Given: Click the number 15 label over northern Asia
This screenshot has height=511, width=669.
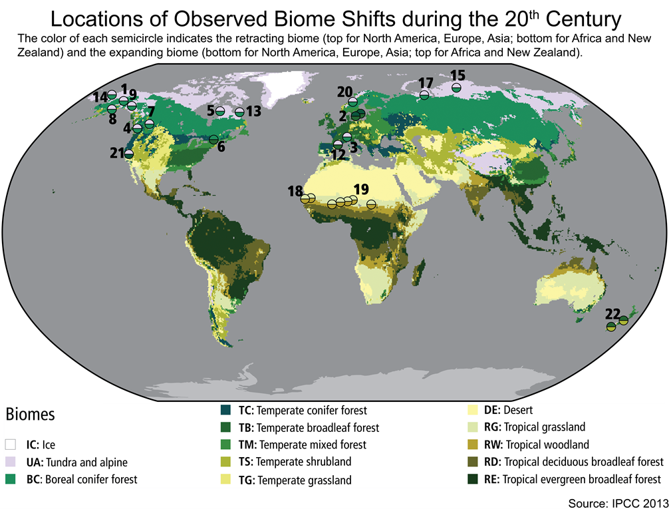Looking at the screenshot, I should [458, 75].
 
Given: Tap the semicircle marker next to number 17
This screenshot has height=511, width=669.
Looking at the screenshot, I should [424, 95].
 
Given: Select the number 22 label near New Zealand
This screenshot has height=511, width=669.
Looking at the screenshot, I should [612, 313].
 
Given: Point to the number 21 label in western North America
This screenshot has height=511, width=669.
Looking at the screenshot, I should [116, 154].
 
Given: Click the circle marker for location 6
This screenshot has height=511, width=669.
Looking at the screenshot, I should [213, 139].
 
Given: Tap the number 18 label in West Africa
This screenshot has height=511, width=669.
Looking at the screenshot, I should [295, 192].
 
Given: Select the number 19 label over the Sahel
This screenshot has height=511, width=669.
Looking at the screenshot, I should [361, 188].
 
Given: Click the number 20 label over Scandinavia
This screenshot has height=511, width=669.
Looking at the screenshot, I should [344, 92].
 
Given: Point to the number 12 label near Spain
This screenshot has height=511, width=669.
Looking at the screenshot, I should [338, 154].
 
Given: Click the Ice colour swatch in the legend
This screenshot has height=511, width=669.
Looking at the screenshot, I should [10, 444].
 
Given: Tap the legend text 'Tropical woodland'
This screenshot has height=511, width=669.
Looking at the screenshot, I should [546, 444].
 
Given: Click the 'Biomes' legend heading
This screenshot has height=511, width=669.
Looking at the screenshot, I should [31, 415].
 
